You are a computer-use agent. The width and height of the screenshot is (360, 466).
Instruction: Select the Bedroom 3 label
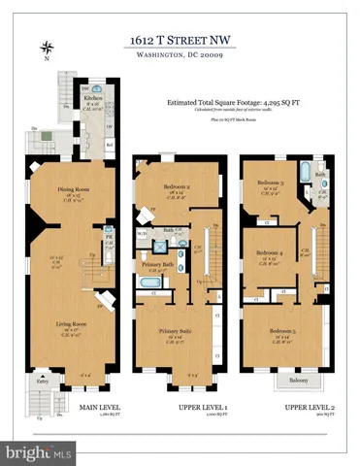pyautogui.click(x=271, y=183)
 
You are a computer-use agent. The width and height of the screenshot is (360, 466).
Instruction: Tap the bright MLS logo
pyautogui.click(x=39, y=452)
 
